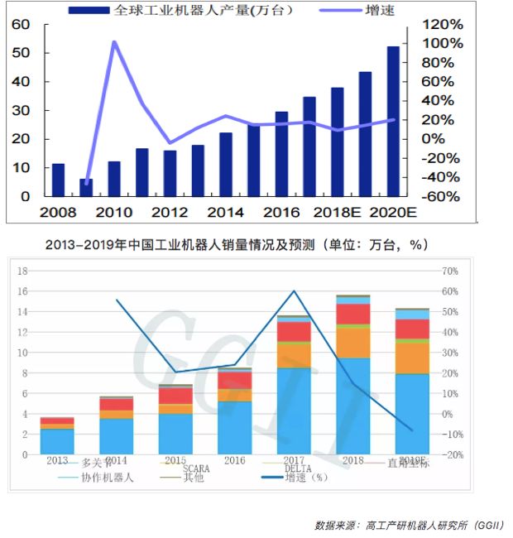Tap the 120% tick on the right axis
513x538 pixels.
pos(442,24)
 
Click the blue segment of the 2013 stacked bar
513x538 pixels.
pos(57,441)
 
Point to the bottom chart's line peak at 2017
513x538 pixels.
pos(294,291)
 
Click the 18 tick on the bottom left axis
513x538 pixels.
pos(23,271)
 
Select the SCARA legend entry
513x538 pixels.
pos(201,469)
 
